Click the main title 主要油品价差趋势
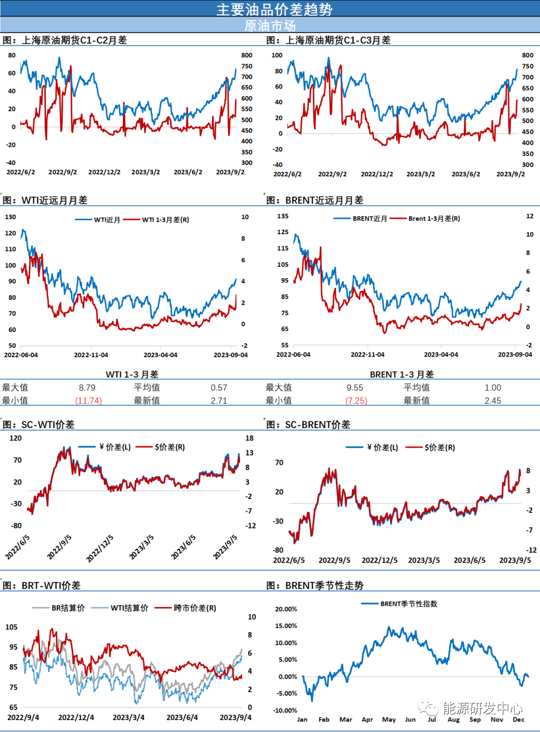coord(274,9)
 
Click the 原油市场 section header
coord(269,25)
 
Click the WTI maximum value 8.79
coord(87,388)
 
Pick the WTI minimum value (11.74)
coord(88,401)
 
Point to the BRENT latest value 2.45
coord(493,401)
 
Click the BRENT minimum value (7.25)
coord(356,401)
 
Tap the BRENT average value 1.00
coord(493,388)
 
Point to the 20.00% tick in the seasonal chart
coord(286,609)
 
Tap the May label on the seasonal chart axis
coord(389,720)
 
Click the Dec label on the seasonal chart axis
coord(518,720)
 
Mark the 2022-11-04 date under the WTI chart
coord(91,355)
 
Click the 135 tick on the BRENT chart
coord(283,216)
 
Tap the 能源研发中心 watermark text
coord(482,708)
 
